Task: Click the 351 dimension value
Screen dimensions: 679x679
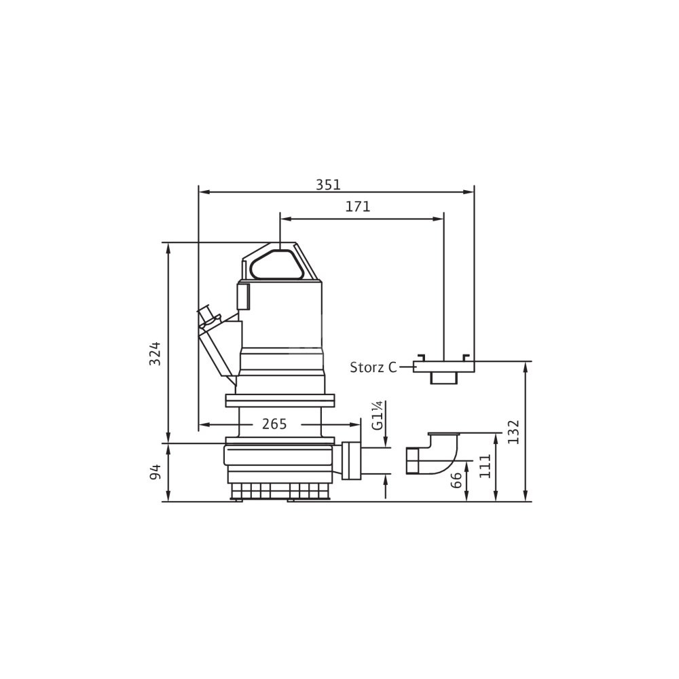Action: coord(328,185)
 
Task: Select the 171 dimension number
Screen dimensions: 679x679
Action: coord(358,207)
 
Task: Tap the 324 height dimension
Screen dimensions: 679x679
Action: coord(155,354)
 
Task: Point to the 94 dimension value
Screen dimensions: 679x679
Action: coord(155,472)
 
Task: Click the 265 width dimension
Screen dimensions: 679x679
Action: coord(274,424)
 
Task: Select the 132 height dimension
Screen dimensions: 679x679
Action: coord(513,431)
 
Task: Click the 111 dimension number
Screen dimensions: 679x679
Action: coord(485,466)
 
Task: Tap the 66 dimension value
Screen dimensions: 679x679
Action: coord(456,481)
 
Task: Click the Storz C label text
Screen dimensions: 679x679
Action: coord(373,367)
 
